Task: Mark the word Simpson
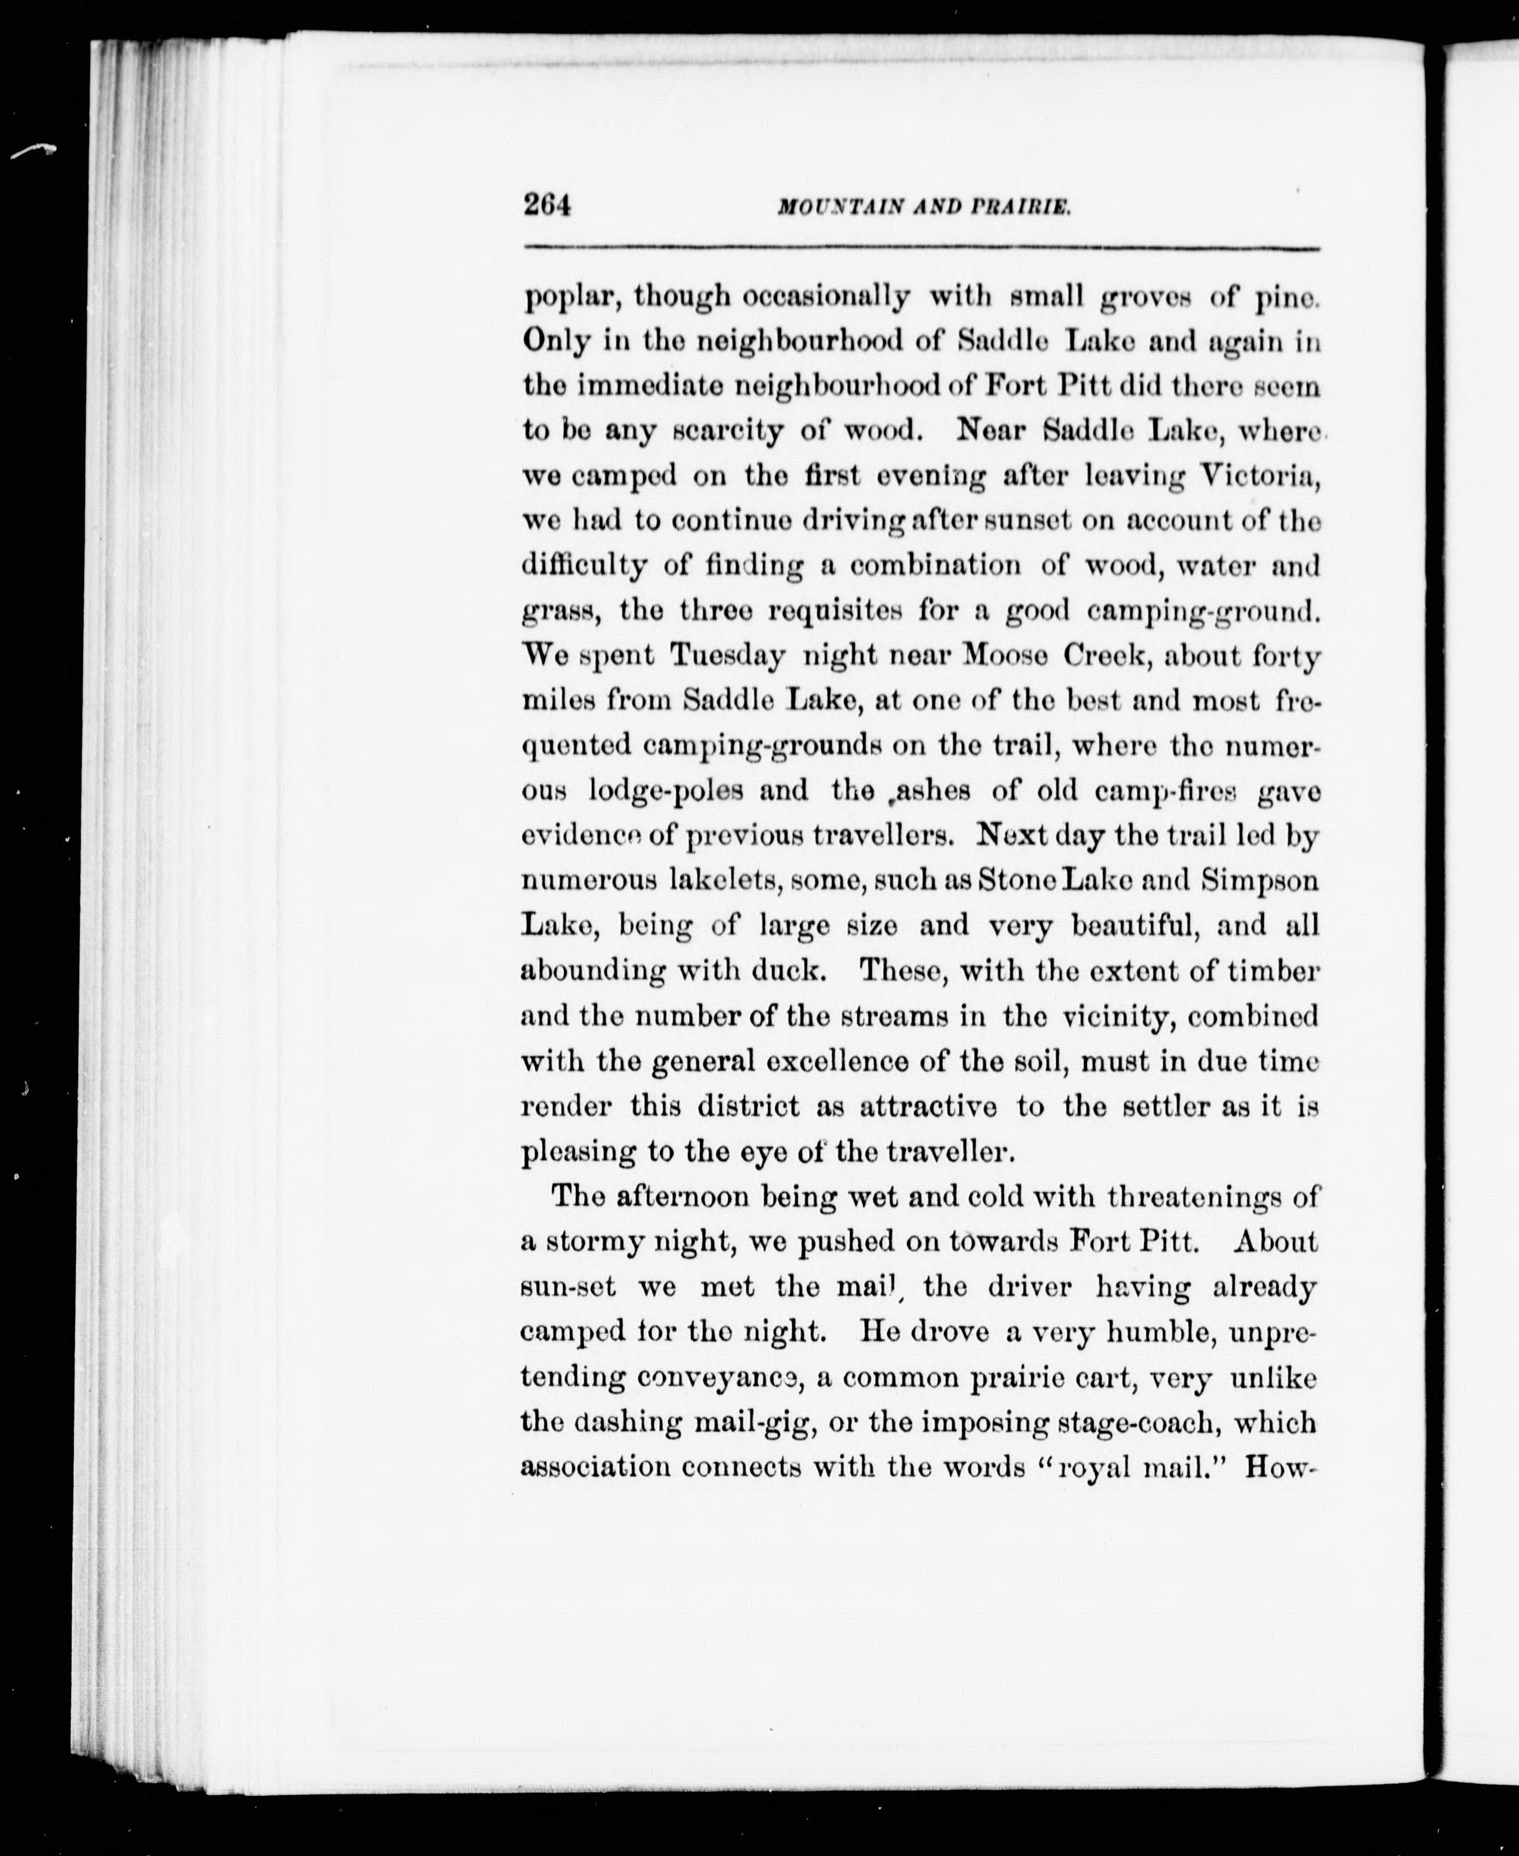point(1259,880)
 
